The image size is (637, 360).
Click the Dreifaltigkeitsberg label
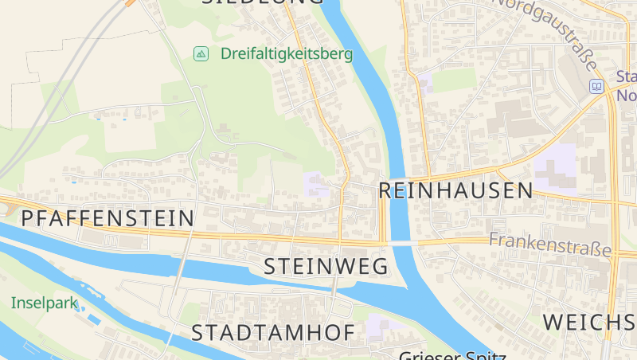pos(286,54)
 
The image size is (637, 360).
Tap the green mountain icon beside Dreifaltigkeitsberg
pos(201,53)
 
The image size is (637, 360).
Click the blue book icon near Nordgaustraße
pos(596,86)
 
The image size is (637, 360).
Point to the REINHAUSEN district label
pos(455,190)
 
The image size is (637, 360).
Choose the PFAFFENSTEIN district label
pos(107,218)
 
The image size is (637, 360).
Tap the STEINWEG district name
pos(325,266)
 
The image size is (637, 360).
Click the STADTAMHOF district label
pos(272,333)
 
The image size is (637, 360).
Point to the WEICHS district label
pos(589,323)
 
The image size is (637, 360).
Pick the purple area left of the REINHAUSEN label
pos(316,185)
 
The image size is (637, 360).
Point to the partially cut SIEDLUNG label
pos(263,2)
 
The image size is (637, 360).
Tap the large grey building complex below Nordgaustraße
pos(510,119)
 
